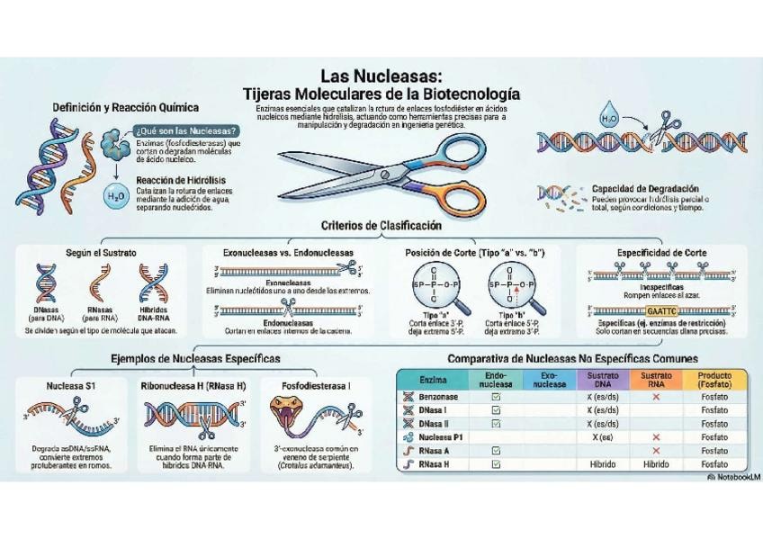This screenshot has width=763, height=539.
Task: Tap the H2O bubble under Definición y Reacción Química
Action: point(116,195)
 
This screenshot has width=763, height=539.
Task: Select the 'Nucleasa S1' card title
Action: point(71,385)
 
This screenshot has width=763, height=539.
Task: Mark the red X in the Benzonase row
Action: point(656,397)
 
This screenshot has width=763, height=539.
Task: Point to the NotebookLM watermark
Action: point(733,476)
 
